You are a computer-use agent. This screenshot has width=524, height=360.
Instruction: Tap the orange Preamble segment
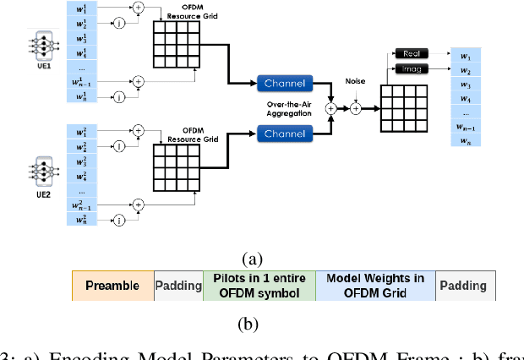[112, 286]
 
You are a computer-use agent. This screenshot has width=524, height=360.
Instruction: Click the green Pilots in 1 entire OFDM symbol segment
[259, 286]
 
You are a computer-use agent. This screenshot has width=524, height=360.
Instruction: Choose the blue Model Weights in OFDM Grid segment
[375, 286]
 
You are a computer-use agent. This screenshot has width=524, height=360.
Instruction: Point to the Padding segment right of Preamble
[178, 286]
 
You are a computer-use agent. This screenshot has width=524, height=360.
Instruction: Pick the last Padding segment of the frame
[466, 286]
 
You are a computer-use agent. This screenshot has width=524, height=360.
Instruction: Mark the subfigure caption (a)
[252, 259]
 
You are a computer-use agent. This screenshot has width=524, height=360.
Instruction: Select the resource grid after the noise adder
[404, 108]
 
